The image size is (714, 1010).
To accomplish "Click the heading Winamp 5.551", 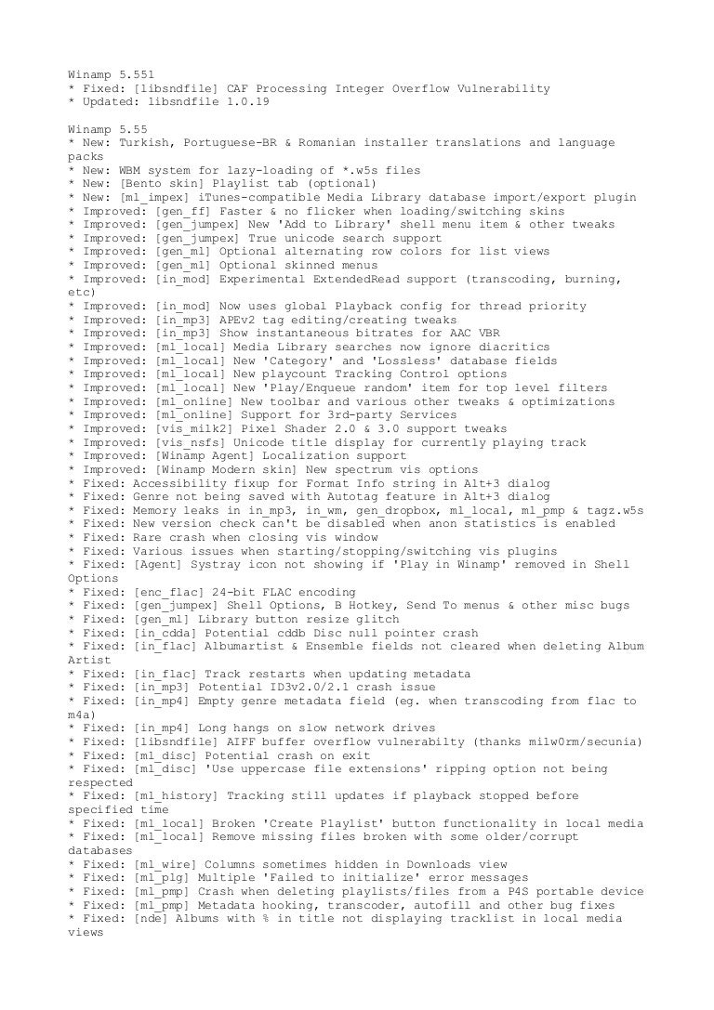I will coord(111,73).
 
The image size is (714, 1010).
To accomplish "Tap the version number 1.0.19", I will coord(235,101).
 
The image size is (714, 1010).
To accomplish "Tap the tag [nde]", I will coord(151,919).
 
